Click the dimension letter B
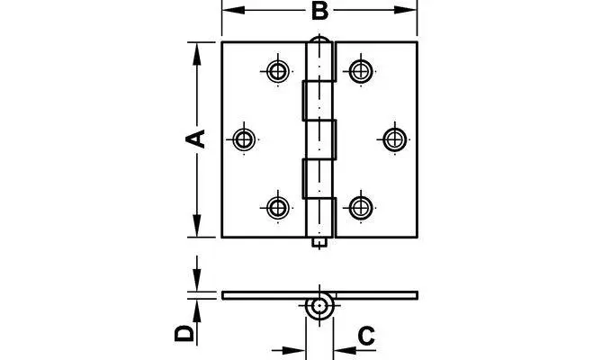tap(319, 13)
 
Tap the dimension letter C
tap(365, 336)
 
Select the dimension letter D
tap(184, 333)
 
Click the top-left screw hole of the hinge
tap(277, 70)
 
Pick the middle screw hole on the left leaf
tap(243, 139)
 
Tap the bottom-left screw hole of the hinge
tap(277, 206)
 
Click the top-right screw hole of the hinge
tap(361, 70)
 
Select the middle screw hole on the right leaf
tap(394, 139)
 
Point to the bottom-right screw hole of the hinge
tap(361, 206)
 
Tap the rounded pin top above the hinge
tap(319, 41)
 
